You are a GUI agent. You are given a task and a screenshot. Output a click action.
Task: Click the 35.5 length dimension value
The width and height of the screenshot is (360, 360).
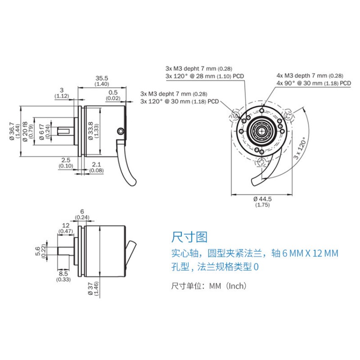click(102, 78)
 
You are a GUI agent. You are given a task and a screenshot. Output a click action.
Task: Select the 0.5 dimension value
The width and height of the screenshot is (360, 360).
click(113, 92)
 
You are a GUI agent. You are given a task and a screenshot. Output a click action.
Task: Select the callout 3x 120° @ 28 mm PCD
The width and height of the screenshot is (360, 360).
click(198, 76)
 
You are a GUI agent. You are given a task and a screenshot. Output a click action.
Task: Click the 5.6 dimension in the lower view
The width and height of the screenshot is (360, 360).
click(38, 251)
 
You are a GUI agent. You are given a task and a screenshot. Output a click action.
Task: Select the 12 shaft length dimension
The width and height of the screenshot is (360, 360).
click(65, 225)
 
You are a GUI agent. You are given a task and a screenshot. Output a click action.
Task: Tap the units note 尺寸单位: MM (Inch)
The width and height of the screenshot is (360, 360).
click(208, 286)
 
